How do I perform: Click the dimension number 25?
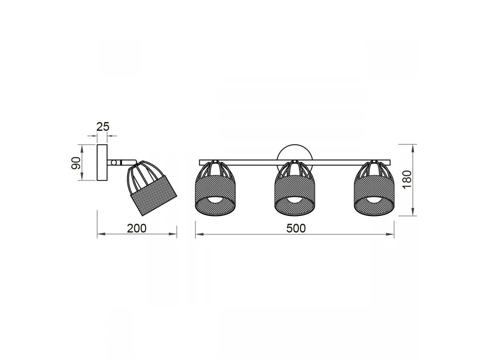[103, 127]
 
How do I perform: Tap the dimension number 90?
[76, 163]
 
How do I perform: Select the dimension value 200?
[137, 228]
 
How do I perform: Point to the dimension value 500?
[296, 228]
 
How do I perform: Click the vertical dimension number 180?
[407, 180]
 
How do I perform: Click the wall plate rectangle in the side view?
[102, 162]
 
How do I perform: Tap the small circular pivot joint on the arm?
[114, 162]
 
